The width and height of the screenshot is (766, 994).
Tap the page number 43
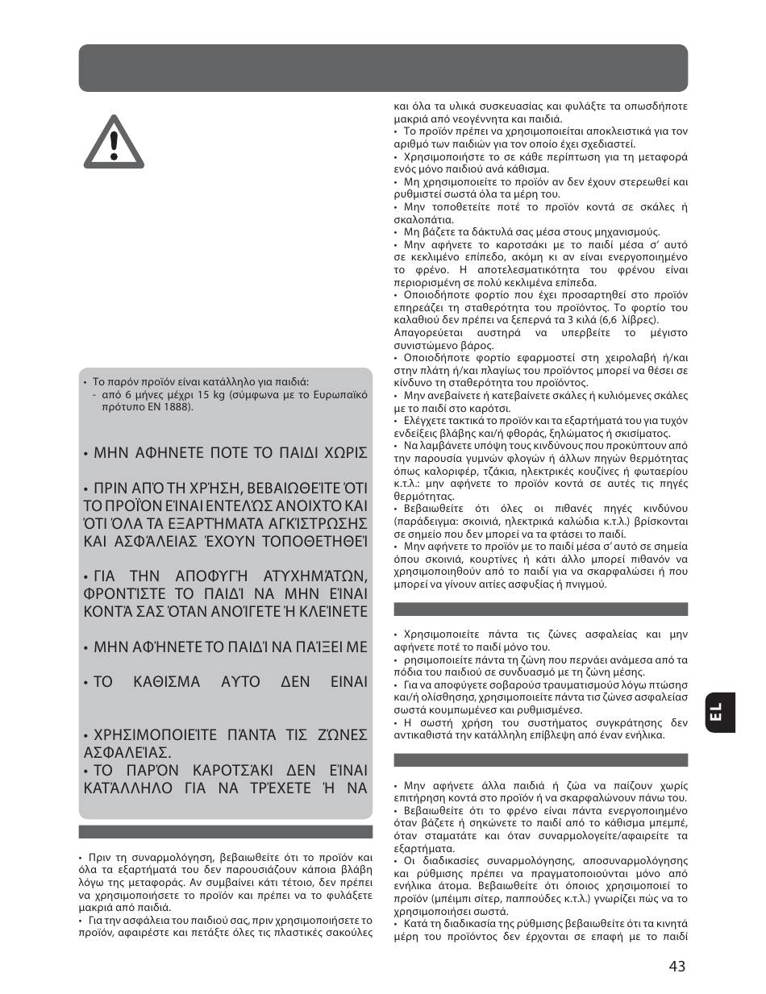coord(676,967)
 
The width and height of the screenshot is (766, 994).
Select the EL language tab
coord(716,712)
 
